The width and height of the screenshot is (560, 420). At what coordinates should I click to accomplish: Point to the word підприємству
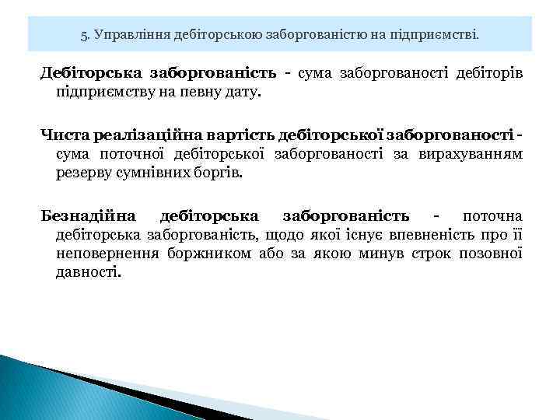pos(103,93)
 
